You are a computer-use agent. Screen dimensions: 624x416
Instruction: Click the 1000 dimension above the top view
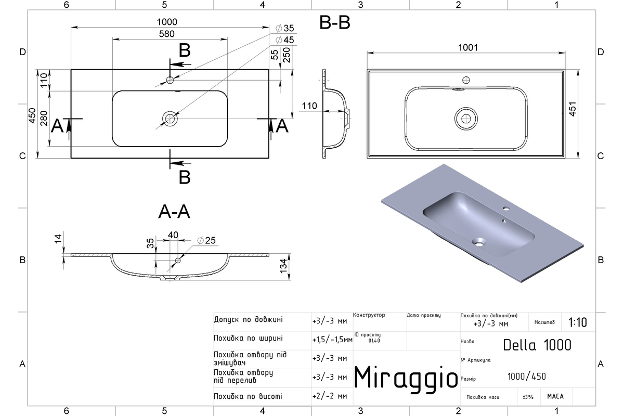click(167, 22)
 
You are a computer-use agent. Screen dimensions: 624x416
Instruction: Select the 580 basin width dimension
click(166, 34)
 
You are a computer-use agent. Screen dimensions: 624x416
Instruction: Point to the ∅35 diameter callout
click(285, 28)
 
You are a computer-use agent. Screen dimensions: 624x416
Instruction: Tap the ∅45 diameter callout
click(285, 40)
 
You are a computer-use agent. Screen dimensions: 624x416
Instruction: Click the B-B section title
click(334, 22)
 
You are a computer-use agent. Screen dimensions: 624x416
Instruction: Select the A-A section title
click(174, 212)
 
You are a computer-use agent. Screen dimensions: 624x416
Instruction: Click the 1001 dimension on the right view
click(467, 48)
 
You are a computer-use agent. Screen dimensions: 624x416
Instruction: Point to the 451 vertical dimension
click(572, 109)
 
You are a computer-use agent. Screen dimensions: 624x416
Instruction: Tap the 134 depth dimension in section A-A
click(283, 266)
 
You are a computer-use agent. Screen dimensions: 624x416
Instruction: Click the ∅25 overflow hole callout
click(206, 240)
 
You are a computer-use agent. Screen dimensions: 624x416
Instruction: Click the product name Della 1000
click(537, 345)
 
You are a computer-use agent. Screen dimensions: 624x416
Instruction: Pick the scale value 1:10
click(578, 322)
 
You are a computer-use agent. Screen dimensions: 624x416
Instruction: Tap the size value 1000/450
click(526, 376)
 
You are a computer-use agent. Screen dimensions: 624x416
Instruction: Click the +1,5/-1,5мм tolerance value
click(332, 340)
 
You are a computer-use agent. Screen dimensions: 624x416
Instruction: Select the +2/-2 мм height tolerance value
click(330, 396)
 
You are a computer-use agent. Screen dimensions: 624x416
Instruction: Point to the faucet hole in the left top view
click(170, 80)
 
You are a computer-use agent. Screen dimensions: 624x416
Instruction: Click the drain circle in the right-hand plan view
click(466, 119)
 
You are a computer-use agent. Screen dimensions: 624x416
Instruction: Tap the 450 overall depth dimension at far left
click(32, 115)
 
